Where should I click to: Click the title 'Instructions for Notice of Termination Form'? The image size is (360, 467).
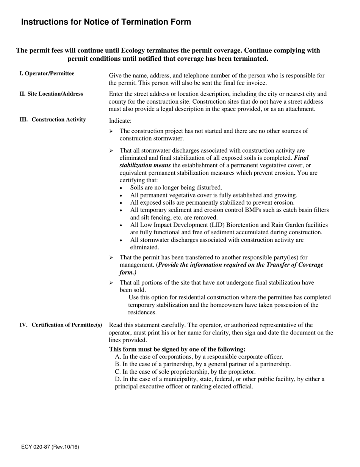(106, 22)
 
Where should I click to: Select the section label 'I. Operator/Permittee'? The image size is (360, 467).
(47, 73)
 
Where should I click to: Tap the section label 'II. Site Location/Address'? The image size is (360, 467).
(51, 94)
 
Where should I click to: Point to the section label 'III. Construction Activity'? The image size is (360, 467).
(53, 120)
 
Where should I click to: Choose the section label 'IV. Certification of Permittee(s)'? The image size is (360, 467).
(61, 325)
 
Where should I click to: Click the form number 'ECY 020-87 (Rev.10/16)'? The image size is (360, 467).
(50, 447)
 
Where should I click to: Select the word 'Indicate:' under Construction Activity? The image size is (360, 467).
(120, 121)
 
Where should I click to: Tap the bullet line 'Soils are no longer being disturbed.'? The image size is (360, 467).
(176, 188)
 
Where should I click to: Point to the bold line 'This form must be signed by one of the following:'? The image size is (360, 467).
(177, 349)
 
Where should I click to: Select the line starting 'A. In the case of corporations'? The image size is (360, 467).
(199, 357)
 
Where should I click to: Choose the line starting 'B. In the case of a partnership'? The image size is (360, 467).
(203, 364)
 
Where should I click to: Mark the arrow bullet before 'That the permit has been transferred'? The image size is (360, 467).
(111, 258)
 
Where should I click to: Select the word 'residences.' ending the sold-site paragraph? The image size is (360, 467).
(142, 312)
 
